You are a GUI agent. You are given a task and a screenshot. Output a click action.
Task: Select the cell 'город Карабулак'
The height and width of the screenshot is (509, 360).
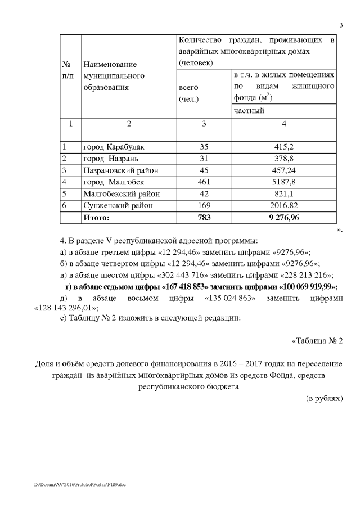(113, 147)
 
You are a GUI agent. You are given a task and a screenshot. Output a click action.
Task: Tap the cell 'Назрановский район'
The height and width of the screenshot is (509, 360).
(120, 170)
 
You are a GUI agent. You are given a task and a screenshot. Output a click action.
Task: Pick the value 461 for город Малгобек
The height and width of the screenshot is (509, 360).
(204, 182)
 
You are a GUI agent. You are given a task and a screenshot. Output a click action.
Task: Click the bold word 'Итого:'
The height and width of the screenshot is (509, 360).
(96, 217)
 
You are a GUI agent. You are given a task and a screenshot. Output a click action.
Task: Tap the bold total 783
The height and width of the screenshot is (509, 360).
(204, 217)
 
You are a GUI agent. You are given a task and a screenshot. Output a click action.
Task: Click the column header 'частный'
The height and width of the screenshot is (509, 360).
(249, 111)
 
